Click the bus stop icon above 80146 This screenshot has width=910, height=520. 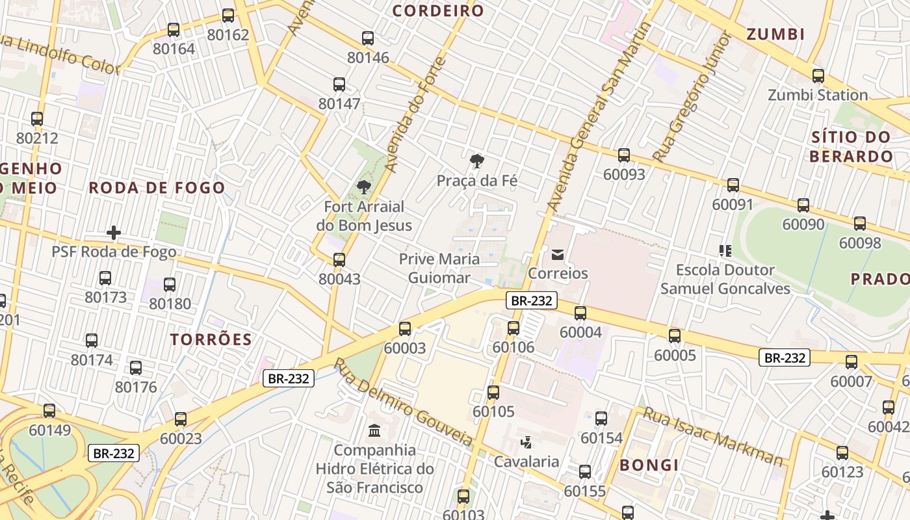(x=368, y=38)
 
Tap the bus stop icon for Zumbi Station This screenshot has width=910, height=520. (x=818, y=76)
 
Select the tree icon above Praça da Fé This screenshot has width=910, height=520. (x=477, y=161)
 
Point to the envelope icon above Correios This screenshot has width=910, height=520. (x=558, y=254)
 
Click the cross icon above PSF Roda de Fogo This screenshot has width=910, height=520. (x=114, y=233)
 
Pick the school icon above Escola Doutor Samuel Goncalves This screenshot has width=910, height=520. (x=725, y=250)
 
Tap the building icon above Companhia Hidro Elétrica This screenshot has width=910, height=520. (x=374, y=430)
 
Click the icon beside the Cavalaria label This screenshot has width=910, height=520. (x=526, y=443)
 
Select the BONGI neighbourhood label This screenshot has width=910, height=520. (x=649, y=465)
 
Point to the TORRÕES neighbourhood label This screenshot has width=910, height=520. (x=211, y=339)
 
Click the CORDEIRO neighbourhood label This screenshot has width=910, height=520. (x=438, y=11)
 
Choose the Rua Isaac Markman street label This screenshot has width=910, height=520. (x=713, y=437)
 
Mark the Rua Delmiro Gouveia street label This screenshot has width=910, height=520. (x=403, y=403)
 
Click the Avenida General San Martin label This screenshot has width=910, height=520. (x=599, y=117)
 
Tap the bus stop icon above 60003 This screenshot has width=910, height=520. (x=405, y=329)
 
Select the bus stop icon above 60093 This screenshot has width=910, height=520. (x=624, y=155)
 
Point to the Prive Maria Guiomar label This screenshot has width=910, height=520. (x=439, y=268)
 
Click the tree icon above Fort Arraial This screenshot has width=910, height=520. (x=363, y=187)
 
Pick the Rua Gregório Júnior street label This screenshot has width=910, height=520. (x=692, y=97)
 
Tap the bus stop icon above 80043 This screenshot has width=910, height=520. (x=339, y=260)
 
